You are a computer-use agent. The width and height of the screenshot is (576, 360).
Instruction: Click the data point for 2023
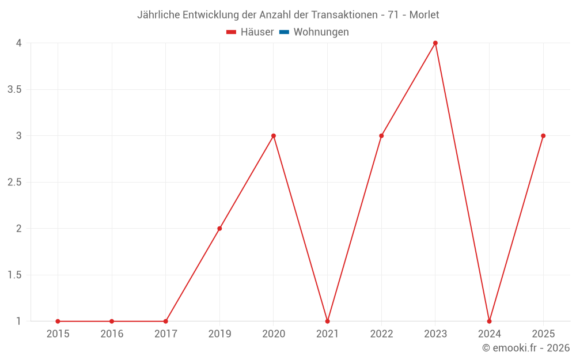click(435, 43)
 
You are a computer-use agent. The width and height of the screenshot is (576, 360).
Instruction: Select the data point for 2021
click(327, 321)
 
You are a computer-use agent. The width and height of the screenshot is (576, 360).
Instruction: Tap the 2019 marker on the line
click(219, 229)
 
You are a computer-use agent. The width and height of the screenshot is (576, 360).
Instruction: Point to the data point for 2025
click(543, 136)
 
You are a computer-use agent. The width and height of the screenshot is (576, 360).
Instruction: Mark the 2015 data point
click(58, 321)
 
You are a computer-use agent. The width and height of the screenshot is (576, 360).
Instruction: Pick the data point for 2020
click(274, 136)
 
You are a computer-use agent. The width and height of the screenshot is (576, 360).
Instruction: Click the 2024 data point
click(489, 321)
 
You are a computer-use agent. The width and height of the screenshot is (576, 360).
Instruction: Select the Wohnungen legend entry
click(321, 32)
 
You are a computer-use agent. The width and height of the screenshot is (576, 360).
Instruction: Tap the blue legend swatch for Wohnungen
click(284, 32)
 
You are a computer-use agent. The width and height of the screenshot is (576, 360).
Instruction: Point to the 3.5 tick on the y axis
click(15, 90)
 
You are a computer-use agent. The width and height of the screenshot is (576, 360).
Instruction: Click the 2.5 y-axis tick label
click(15, 183)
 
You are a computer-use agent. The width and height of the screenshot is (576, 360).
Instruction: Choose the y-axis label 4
click(19, 43)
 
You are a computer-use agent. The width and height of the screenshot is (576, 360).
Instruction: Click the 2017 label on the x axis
click(165, 334)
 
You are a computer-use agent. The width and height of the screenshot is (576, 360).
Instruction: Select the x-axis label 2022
click(381, 334)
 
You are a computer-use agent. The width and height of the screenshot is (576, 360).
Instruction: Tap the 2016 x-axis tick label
click(112, 334)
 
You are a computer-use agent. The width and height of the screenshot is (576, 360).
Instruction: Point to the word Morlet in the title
click(424, 15)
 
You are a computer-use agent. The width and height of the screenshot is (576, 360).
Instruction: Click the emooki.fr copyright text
click(526, 348)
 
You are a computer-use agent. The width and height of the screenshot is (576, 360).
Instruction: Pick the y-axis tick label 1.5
click(15, 275)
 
